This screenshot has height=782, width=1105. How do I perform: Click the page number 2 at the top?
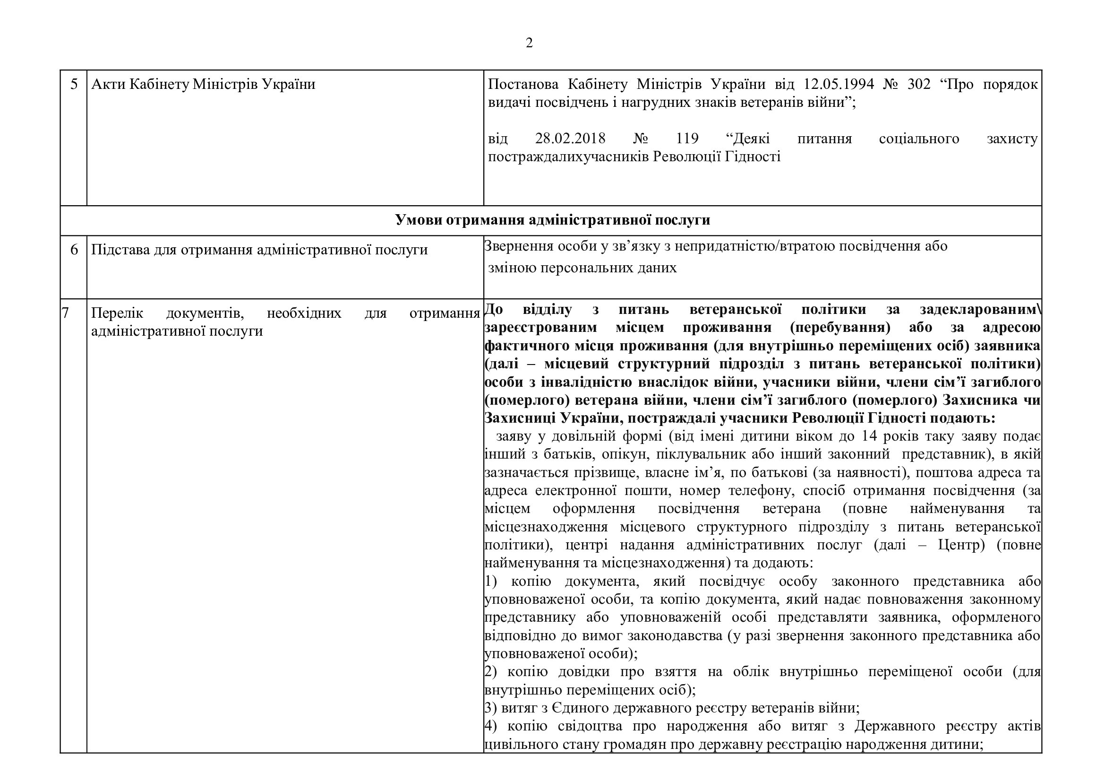point(529,43)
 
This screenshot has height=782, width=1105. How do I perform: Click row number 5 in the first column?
point(74,85)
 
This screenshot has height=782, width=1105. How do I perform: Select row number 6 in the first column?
point(74,250)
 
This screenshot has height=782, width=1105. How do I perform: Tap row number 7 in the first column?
point(66,313)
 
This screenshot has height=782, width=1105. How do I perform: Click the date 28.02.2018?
point(570,139)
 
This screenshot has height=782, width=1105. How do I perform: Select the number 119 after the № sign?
point(687,139)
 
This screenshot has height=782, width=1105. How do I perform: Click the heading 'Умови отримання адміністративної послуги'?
point(553,220)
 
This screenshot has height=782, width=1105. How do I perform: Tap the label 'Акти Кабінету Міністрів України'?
point(203,85)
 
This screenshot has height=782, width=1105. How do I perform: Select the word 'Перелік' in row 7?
point(117,313)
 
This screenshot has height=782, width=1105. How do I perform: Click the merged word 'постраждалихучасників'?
point(568,157)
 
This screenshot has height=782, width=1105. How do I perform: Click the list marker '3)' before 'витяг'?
point(490,708)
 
